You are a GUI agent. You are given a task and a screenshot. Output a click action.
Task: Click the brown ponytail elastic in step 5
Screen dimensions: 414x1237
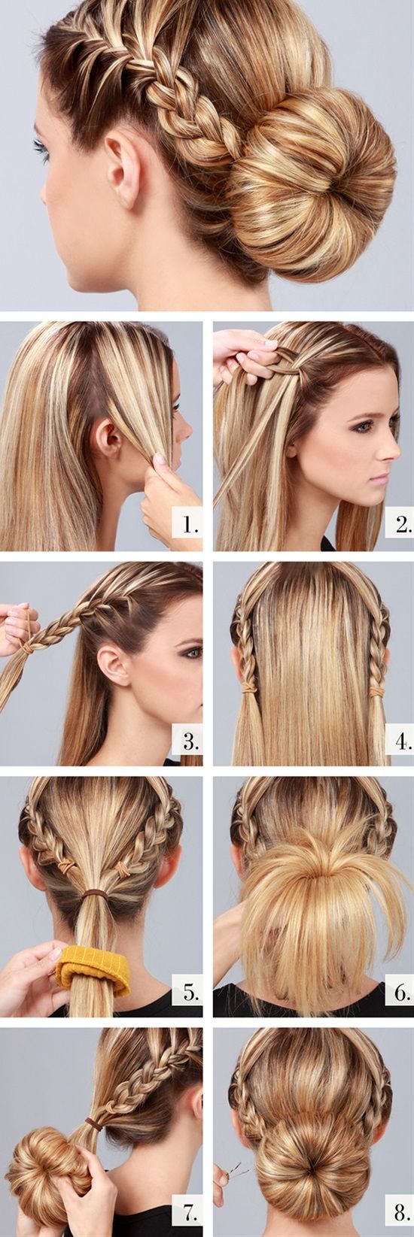pos(94,892)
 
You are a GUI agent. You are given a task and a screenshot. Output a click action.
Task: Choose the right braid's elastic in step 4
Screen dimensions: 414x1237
pos(377,691)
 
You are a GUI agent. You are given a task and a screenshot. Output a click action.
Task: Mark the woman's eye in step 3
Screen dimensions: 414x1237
pos(193,653)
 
